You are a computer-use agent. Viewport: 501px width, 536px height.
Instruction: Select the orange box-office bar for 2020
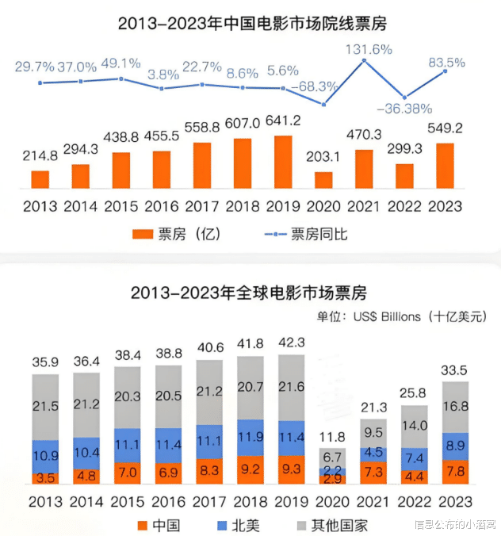point(323,179)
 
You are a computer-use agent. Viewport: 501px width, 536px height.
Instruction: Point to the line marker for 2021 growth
point(365,60)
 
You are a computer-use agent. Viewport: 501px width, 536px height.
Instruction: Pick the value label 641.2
point(283,123)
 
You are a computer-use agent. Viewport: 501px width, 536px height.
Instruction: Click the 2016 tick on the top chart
point(162,207)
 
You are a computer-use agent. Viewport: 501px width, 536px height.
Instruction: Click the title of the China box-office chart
point(251,24)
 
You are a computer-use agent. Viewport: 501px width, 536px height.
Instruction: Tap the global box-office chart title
point(250,293)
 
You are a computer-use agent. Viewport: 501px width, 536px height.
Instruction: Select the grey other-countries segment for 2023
point(446,407)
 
